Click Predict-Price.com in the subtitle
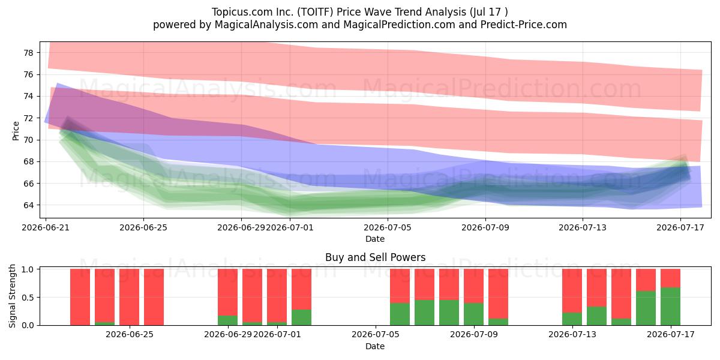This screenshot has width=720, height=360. [x=524, y=25]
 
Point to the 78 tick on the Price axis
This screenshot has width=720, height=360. [x=29, y=53]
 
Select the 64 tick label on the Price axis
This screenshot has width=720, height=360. [x=29, y=205]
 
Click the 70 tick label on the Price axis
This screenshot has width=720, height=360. [x=29, y=140]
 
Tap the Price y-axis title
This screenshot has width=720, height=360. [x=16, y=131]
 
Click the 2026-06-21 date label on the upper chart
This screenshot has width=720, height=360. [x=46, y=227]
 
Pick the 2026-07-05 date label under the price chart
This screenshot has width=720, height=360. [x=388, y=227]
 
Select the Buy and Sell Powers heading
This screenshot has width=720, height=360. [x=376, y=257]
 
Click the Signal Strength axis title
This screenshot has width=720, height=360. [x=12, y=296]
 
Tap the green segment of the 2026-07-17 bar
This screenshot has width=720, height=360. [x=671, y=307]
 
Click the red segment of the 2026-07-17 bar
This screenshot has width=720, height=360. [x=671, y=278]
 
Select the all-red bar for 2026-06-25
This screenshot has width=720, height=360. [x=129, y=297]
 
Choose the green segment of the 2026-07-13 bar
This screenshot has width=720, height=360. [x=572, y=319]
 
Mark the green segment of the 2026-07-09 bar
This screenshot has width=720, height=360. [x=474, y=314]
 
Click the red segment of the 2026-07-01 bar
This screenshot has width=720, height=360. [x=277, y=295]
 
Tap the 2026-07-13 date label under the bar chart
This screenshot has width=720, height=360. [x=572, y=335]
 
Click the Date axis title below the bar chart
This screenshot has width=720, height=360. [x=375, y=346]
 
